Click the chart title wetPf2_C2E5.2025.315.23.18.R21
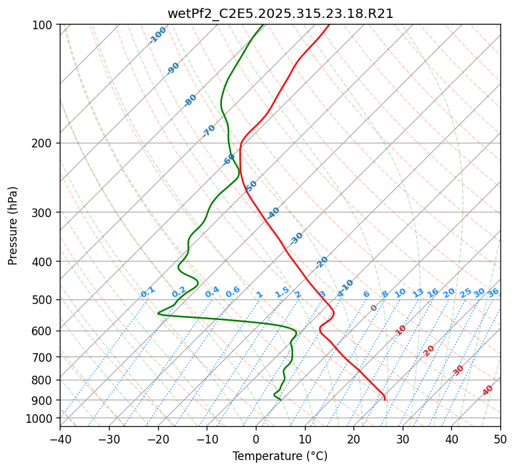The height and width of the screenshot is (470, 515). pyautogui.click(x=280, y=13)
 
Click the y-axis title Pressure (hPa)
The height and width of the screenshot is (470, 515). pyautogui.click(x=13, y=225)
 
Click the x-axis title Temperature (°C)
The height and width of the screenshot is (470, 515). pyautogui.click(x=280, y=456)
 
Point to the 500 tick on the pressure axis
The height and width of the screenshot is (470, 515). pyautogui.click(x=44, y=299)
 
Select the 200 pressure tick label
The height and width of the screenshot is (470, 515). pyautogui.click(x=44, y=143)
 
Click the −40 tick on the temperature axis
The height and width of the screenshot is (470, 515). pyautogui.click(x=60, y=439)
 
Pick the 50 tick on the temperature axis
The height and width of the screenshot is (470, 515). pyautogui.click(x=500, y=439)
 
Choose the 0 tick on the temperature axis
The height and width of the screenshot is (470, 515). pyautogui.click(x=256, y=439)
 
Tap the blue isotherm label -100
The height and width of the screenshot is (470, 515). pyautogui.click(x=158, y=35)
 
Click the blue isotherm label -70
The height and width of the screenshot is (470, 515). pyautogui.click(x=209, y=131)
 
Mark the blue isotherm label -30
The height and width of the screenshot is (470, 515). pyautogui.click(x=296, y=238)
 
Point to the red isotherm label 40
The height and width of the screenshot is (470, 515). pyautogui.click(x=488, y=390)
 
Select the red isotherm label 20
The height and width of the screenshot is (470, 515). pyautogui.click(x=429, y=350)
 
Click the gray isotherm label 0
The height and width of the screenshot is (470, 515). pyautogui.click(x=374, y=308)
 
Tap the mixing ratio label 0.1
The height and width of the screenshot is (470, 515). pyautogui.click(x=148, y=291)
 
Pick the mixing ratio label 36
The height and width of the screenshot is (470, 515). pyautogui.click(x=493, y=292)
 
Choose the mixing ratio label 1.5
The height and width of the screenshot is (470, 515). pyautogui.click(x=282, y=291)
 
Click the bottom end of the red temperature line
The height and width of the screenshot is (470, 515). pyautogui.click(x=385, y=399)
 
